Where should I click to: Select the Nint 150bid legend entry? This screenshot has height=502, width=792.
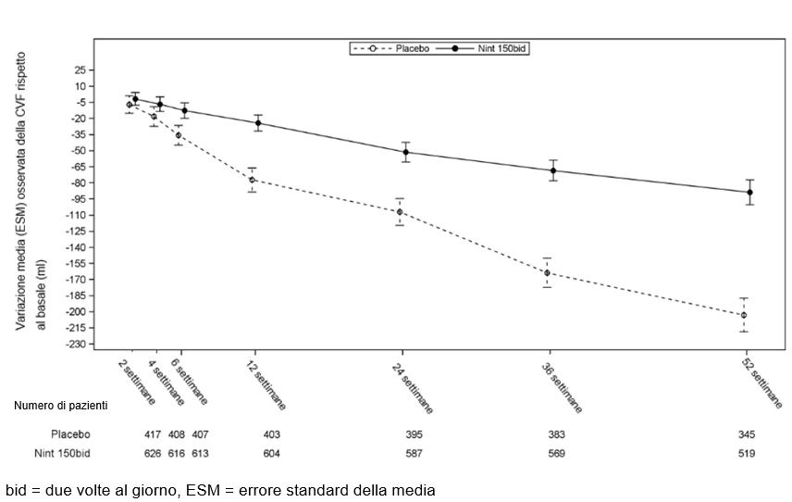(x=482, y=48)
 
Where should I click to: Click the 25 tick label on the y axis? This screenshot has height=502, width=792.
(x=80, y=70)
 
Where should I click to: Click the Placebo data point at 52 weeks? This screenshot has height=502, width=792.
(x=744, y=315)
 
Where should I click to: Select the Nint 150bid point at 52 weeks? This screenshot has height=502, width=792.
(x=749, y=192)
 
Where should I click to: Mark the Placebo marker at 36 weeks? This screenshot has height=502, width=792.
(x=547, y=273)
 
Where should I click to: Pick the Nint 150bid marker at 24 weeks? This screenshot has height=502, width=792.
(x=405, y=152)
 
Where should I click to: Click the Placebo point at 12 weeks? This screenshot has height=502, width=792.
(x=252, y=180)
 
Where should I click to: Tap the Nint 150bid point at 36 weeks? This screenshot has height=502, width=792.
(x=553, y=170)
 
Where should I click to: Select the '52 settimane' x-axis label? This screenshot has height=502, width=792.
(x=762, y=383)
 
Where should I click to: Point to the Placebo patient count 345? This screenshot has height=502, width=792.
(x=747, y=434)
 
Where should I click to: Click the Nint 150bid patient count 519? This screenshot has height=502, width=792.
(x=747, y=454)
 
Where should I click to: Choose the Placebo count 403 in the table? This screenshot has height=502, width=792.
(x=272, y=434)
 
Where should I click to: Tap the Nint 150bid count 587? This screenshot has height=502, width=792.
(x=414, y=454)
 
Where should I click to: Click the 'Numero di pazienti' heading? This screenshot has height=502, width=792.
(x=61, y=406)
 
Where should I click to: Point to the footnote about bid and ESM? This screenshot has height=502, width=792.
(x=220, y=490)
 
